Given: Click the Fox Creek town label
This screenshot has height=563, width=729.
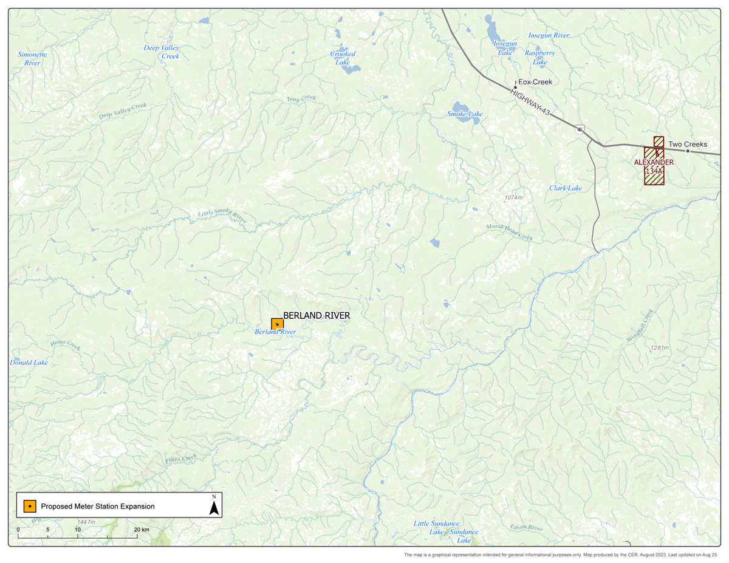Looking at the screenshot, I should (535, 81).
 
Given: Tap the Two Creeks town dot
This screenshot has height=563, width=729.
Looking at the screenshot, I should (688, 151).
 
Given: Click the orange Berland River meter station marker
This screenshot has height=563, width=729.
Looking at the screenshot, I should (277, 324).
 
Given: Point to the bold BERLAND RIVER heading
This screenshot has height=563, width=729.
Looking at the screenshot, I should (317, 316).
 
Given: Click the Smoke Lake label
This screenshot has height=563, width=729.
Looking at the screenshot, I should (465, 114).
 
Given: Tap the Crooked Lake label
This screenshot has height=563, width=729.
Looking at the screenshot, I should (343, 58).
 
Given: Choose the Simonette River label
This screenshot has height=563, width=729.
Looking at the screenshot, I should (32, 58).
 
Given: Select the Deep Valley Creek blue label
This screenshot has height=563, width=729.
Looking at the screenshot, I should (162, 52).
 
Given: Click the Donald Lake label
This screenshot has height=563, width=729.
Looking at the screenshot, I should (29, 363).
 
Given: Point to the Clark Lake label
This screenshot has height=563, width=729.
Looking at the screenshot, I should (566, 188).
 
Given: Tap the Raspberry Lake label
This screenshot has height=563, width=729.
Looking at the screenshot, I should (540, 57).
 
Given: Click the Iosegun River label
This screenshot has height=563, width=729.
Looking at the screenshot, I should (549, 35).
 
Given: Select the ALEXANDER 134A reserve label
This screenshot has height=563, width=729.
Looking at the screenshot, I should (654, 167).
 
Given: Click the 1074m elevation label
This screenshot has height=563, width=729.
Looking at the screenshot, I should (513, 198).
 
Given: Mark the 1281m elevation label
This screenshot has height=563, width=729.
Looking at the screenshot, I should (659, 348).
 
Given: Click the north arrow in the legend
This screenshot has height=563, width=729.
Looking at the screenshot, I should (214, 505).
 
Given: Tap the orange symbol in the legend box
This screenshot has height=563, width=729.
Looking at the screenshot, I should (29, 506).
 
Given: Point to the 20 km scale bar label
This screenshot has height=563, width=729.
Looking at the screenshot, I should (142, 530).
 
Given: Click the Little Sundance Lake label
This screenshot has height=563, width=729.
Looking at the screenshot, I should (436, 527).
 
